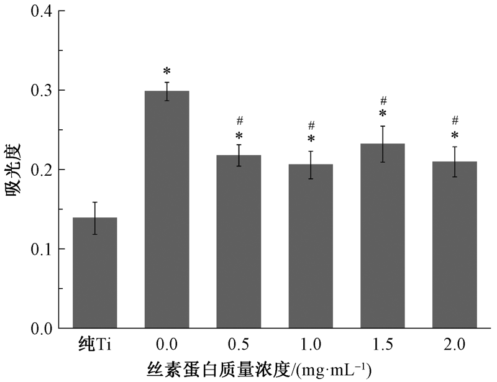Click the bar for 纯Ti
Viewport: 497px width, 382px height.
pyautogui.click(x=95, y=273)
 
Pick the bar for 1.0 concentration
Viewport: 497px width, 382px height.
pyautogui.click(x=311, y=246)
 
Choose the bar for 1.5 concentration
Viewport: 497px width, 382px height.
pyautogui.click(x=383, y=236)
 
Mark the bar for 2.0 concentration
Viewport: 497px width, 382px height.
pyautogui.click(x=455, y=245)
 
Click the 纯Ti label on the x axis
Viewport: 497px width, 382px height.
pyautogui.click(x=94, y=344)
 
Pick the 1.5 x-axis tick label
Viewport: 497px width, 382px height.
pyautogui.click(x=383, y=344)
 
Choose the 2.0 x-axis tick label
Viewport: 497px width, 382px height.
pyautogui.click(x=455, y=344)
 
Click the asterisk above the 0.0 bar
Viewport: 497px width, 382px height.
pyautogui.click(x=166, y=71)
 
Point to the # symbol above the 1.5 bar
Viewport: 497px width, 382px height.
pyautogui.click(x=383, y=100)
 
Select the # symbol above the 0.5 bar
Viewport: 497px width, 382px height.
pyautogui.click(x=239, y=121)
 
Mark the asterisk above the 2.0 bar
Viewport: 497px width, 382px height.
pyautogui.click(x=455, y=135)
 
